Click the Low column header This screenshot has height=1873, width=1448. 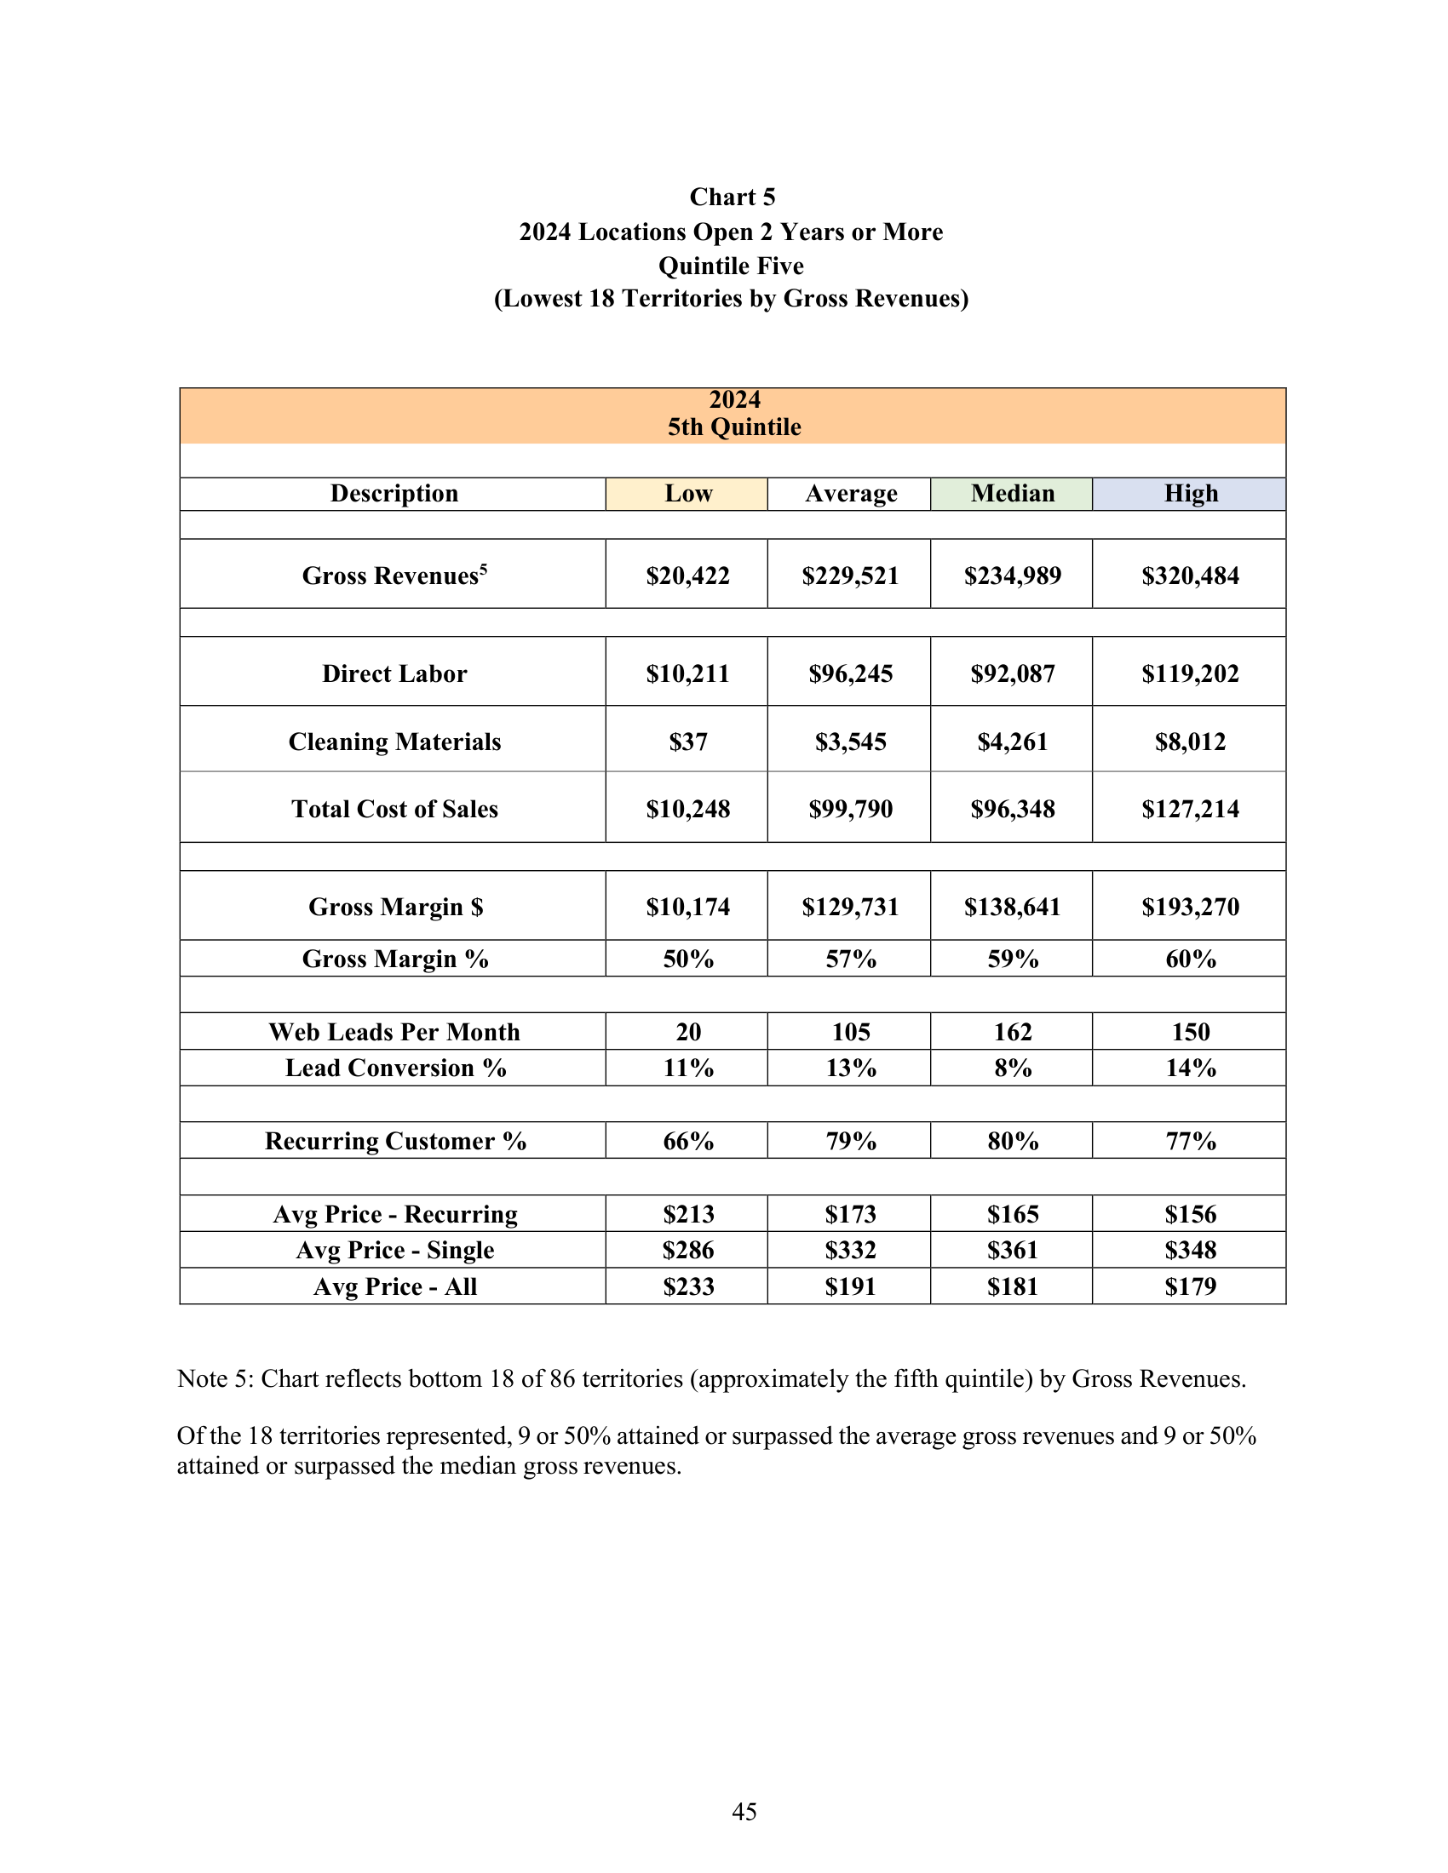687,494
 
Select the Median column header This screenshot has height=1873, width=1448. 1012,494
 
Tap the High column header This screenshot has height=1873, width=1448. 1190,494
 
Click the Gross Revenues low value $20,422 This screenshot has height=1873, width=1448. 687,576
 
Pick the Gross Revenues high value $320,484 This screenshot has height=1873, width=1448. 1190,576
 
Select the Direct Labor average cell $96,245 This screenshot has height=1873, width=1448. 850,674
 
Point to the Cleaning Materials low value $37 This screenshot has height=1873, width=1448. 687,742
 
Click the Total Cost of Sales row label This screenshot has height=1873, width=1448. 394,809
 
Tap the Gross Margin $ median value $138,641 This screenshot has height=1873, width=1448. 1012,908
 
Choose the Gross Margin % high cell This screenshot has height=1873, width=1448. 1190,959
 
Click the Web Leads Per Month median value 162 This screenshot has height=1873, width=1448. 1012,1032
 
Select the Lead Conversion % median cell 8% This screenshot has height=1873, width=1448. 1012,1068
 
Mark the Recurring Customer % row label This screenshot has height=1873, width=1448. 394,1142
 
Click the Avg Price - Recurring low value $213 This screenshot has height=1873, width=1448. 687,1214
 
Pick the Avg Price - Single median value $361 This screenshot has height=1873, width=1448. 1012,1251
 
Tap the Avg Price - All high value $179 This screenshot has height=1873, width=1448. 1190,1286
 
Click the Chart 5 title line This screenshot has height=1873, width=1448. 732,198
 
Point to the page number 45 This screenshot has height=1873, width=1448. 744,1811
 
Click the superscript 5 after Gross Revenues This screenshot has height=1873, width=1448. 484,569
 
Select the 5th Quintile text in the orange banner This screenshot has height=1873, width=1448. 733,427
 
